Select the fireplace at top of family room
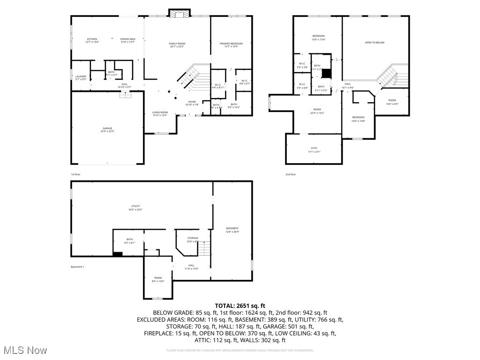point(179,14)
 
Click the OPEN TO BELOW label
point(375,43)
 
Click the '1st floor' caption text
point(76,174)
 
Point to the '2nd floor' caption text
point(291,174)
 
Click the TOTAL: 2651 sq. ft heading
point(240,305)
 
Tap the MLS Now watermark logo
point(24,350)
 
